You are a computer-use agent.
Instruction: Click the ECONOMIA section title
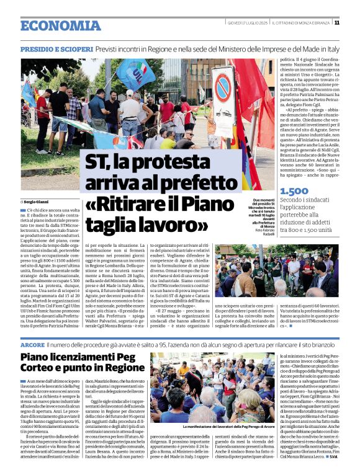click(x=60, y=26)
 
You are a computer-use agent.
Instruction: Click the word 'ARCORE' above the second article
click(x=32, y=344)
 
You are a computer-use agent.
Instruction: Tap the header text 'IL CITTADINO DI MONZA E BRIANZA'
click(x=302, y=22)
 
